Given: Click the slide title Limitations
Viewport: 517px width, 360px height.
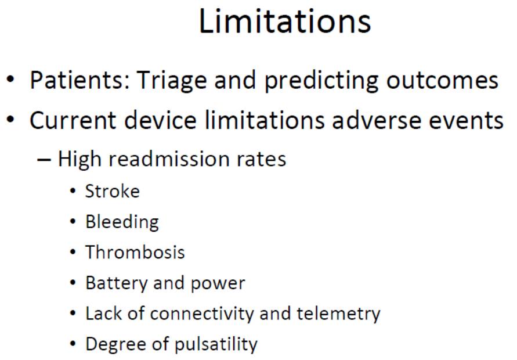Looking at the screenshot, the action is [285, 21].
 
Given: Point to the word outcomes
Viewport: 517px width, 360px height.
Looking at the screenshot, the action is [442, 81].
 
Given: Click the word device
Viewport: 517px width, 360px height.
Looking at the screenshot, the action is [160, 120].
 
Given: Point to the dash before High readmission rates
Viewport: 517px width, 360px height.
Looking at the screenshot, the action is [44, 160].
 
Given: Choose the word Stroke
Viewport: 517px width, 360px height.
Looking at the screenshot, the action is [113, 191].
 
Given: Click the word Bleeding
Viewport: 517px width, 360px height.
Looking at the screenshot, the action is [122, 222].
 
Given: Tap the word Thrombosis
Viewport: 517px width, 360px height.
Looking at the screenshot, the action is [135, 253].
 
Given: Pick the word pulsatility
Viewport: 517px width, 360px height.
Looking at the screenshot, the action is [216, 344].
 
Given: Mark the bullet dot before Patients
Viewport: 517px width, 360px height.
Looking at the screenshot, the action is [10, 80].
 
